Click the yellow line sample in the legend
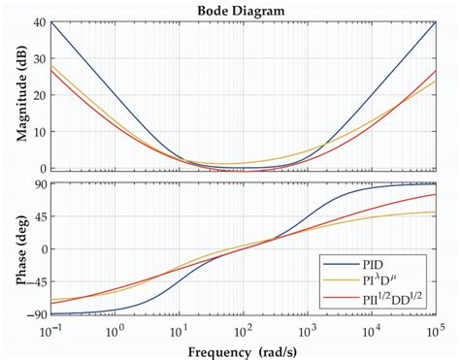coord(341,279)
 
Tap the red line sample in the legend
coord(341,299)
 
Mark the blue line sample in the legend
coord(341,261)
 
